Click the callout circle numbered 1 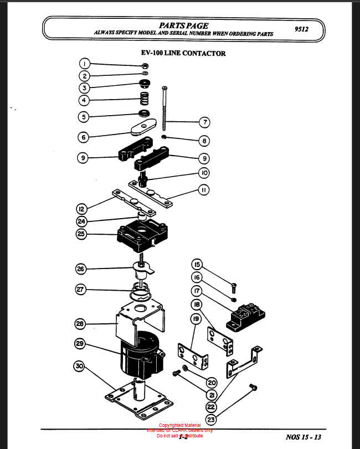(84, 63)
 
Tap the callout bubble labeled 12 (82, 209)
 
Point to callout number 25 (82, 234)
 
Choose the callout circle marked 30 (79, 366)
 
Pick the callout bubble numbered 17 (197, 290)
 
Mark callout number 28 (80, 323)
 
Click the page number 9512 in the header (302, 29)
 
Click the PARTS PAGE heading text (183, 25)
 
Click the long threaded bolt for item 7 (164, 111)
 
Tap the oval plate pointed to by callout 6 (145, 128)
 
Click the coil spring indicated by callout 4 (144, 100)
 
